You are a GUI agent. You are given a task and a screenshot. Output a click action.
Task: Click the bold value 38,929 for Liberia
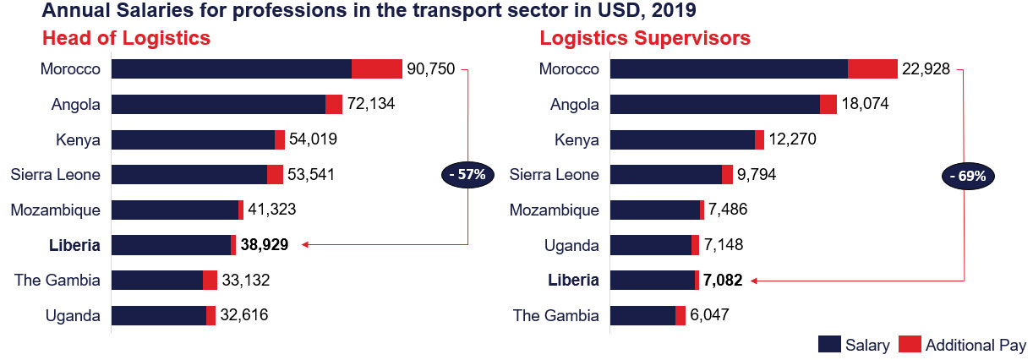tap(265, 245)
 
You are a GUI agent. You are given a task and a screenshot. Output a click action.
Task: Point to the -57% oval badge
tap(466, 175)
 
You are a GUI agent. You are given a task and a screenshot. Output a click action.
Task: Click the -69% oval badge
tap(967, 177)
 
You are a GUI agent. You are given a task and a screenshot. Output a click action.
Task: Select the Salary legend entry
tap(854, 345)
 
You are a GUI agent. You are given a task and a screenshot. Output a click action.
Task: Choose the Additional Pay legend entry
tap(963, 345)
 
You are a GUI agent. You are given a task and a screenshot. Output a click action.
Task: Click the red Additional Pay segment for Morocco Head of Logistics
tap(376, 69)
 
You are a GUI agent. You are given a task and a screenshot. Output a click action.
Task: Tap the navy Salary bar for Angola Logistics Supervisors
tap(714, 104)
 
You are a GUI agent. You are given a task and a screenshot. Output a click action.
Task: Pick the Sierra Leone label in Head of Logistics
tap(56, 175)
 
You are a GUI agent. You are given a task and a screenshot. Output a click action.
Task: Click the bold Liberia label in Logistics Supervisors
tap(573, 280)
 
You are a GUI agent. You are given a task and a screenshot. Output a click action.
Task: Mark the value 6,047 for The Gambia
tap(708, 315)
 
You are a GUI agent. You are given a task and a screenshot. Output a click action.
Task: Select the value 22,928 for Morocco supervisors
tap(927, 69)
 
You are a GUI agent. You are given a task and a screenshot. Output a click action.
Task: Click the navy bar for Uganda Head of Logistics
tap(159, 315)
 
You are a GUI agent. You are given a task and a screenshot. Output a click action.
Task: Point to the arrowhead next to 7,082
tap(754, 280)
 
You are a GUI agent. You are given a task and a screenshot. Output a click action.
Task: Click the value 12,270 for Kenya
tap(792, 139)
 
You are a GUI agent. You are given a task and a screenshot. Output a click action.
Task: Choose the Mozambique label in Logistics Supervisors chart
tap(555, 210)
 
